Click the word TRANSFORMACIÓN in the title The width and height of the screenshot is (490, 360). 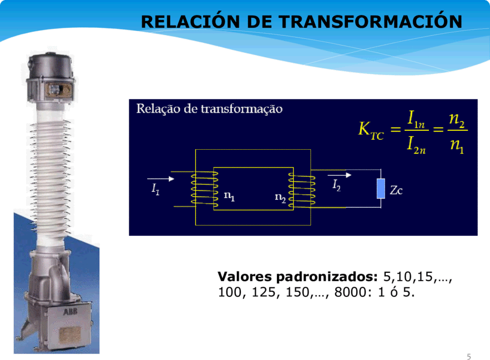click(370, 21)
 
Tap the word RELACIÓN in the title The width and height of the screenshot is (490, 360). click(190, 21)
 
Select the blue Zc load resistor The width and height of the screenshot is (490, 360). click(381, 189)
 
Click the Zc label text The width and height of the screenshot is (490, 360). click(396, 190)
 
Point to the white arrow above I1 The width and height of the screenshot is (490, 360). click(160, 179)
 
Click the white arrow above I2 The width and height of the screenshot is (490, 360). click(340, 175)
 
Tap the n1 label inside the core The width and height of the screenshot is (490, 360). click(229, 196)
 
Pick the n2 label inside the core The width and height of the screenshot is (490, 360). click(280, 197)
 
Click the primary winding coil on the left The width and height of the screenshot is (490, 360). click(205, 189)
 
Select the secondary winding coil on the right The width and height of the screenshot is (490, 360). click(301, 191)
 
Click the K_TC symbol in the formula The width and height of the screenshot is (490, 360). click(371, 130)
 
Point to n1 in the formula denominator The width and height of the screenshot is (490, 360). click(457, 145)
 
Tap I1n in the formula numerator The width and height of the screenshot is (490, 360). click(416, 119)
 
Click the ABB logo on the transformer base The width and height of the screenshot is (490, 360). click(70, 312)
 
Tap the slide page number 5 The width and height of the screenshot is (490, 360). click(469, 357)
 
